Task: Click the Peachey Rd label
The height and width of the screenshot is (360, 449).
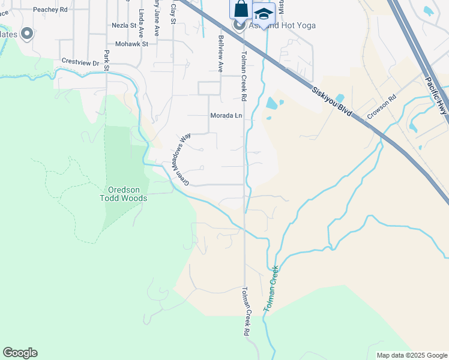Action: click(x=50, y=10)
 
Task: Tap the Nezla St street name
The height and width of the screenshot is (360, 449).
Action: click(x=124, y=26)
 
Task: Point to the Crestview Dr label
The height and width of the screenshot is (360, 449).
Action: click(x=80, y=62)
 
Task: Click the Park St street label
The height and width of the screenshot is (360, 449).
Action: click(x=106, y=59)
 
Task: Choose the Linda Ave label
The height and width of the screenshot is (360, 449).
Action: click(x=141, y=22)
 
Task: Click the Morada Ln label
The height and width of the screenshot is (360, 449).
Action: click(x=226, y=115)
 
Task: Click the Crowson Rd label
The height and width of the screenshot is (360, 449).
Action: click(x=382, y=107)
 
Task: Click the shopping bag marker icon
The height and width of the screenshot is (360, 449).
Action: click(x=240, y=9)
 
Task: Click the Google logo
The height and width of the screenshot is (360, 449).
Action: click(x=20, y=353)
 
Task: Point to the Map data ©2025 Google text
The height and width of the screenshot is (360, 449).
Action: click(x=412, y=355)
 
